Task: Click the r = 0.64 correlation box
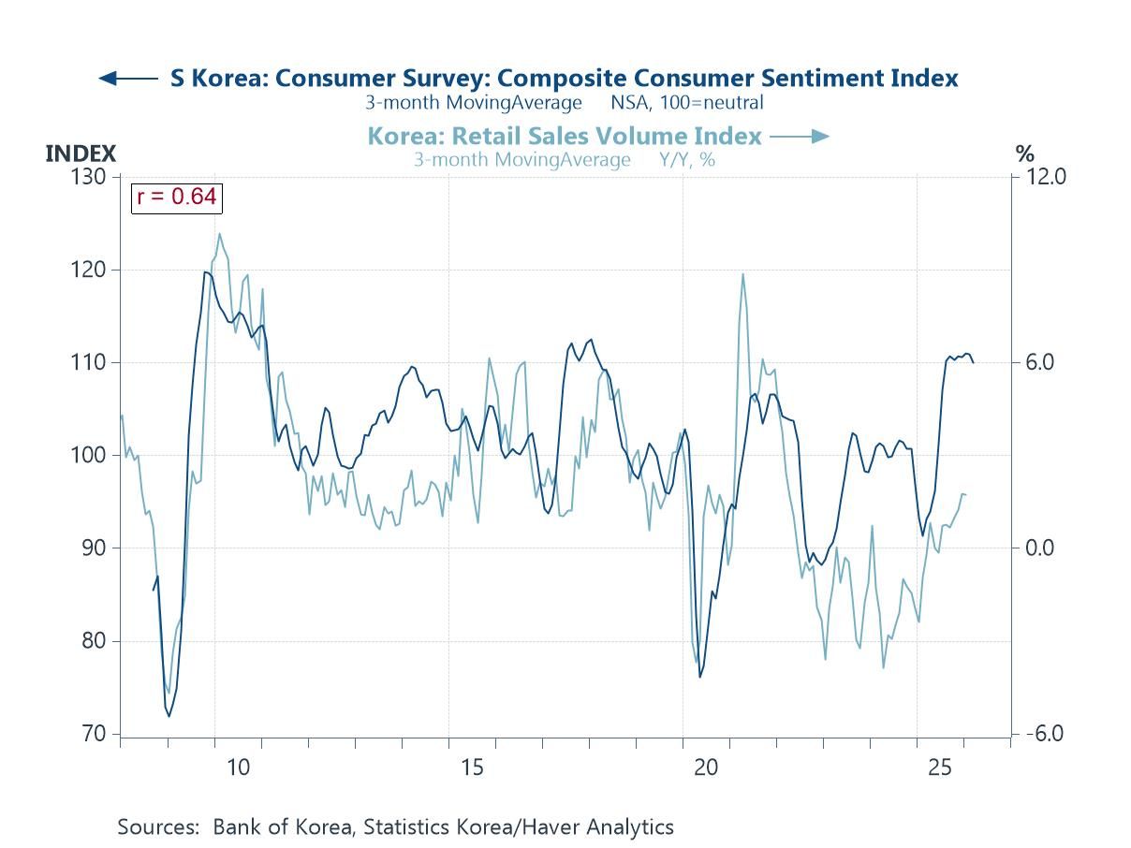(176, 197)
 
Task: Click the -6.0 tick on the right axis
(1043, 733)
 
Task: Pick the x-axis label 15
(473, 768)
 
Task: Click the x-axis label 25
(940, 768)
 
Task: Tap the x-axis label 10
(239, 768)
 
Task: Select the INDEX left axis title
(81, 154)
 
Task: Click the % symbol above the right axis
(1025, 154)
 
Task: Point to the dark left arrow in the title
(127, 79)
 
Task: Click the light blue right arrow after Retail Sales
(800, 137)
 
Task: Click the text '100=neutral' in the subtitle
(712, 103)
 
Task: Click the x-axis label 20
(706, 768)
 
